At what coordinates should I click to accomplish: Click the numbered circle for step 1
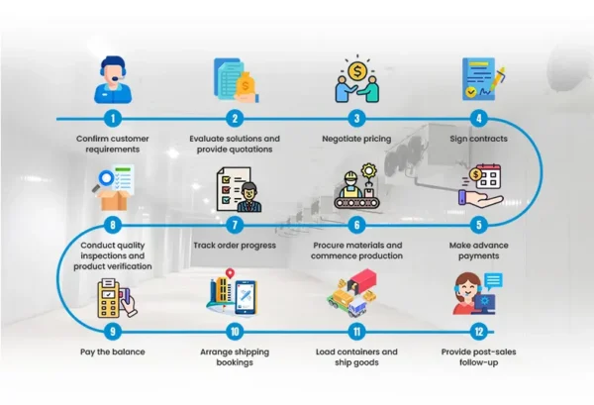point(113,119)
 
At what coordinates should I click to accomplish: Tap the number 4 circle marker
point(479,119)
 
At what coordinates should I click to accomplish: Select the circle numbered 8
point(113,225)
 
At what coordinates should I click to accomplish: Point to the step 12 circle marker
point(479,332)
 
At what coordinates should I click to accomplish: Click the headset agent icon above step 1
point(113,80)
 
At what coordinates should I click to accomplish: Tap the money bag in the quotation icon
point(246,87)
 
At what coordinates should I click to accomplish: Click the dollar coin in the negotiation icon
point(357,71)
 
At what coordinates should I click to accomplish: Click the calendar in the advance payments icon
point(488,176)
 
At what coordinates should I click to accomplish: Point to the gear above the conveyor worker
point(368,170)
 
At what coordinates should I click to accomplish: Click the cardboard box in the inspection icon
point(113,200)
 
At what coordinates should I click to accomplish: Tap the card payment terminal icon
point(117,298)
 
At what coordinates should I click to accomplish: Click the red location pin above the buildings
point(230,273)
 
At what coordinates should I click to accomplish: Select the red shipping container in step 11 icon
point(362,280)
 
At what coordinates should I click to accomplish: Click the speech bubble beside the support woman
point(493,281)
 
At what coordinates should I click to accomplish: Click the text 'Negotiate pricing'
point(356,139)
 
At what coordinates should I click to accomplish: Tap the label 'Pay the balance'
point(113,352)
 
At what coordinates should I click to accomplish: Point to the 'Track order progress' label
point(235,246)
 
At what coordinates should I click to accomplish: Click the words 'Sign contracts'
point(478,139)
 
